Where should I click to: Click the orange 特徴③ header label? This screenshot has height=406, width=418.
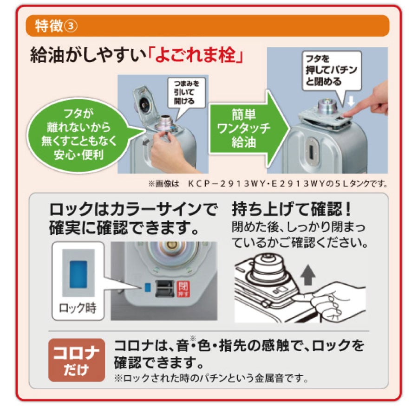point(56,26)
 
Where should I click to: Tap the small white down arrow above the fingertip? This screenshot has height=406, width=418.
point(351,101)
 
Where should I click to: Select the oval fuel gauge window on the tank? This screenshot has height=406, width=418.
point(311,151)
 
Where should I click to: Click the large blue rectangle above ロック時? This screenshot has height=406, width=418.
point(78,274)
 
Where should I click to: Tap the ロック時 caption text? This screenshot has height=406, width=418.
point(78,308)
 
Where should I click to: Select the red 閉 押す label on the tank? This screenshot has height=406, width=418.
point(183,289)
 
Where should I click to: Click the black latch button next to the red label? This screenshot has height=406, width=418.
point(165,289)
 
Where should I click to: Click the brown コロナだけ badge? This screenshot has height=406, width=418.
point(77,360)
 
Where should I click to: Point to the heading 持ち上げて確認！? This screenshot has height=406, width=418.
point(291,210)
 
